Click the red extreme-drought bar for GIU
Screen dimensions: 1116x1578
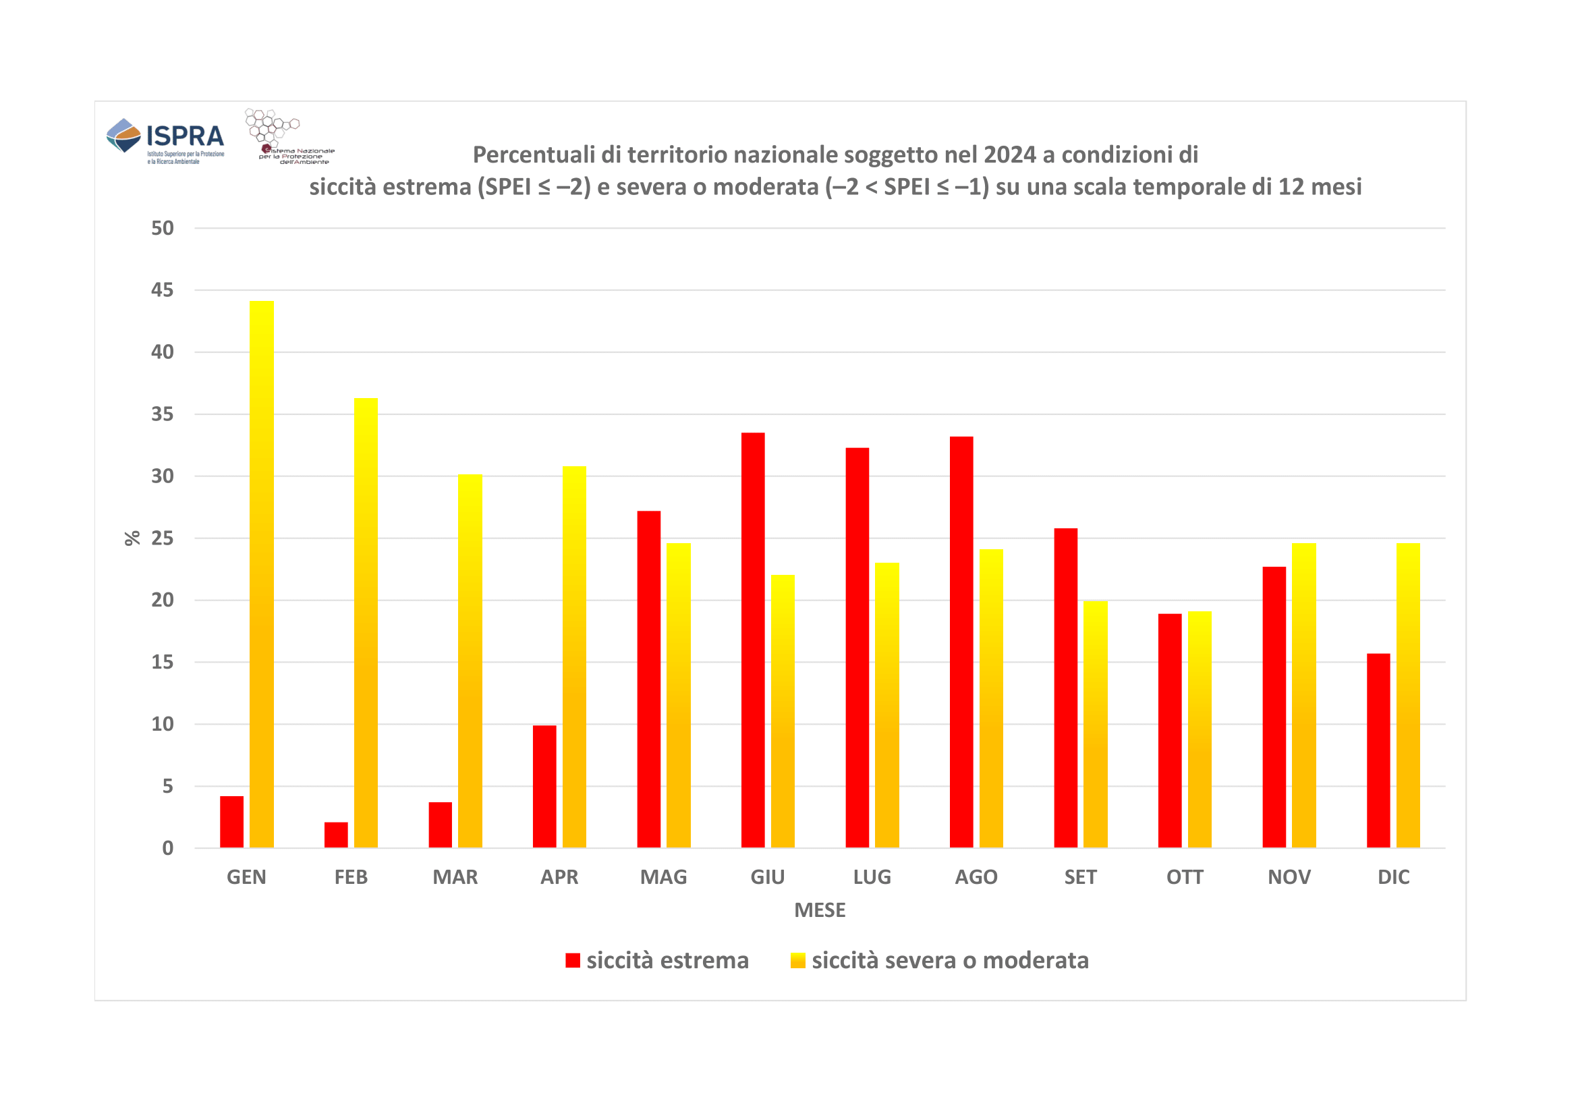753,640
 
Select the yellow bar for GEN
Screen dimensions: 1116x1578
262,574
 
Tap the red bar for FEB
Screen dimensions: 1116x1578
336,835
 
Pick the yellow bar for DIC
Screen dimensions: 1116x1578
1407,695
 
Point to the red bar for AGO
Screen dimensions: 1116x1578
961,642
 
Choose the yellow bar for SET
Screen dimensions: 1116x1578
1096,724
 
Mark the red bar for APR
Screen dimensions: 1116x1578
544,786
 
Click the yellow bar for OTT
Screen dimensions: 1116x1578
1200,729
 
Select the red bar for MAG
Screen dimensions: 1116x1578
649,679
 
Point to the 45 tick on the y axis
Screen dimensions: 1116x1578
162,290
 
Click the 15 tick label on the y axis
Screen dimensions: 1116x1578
162,662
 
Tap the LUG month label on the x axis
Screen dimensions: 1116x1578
872,877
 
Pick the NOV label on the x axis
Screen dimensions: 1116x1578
1289,877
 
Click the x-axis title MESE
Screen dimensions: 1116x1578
819,910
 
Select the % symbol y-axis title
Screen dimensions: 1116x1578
132,538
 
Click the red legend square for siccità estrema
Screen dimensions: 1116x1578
572,960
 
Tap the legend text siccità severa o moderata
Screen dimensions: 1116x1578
950,960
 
